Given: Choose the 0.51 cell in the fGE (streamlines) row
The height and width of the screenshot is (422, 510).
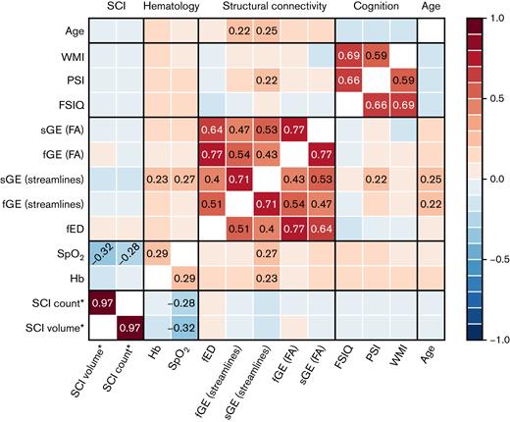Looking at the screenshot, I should click(x=211, y=203).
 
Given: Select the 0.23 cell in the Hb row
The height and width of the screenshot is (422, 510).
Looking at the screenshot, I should click(x=266, y=280).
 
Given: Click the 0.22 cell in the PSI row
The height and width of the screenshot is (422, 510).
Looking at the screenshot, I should click(x=266, y=79).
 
